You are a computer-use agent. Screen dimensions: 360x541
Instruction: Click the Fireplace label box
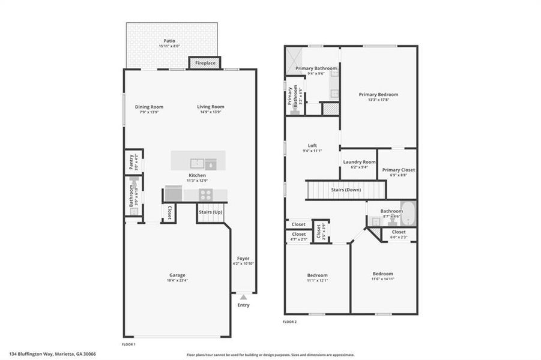tap(205, 62)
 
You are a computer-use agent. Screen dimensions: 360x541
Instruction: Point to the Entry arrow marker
tap(243, 296)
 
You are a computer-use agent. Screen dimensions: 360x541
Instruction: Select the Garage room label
tap(177, 275)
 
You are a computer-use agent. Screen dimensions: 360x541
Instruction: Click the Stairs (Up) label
tap(210, 212)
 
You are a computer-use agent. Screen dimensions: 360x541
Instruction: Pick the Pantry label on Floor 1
tap(131, 161)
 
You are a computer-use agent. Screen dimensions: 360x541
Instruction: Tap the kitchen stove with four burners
tap(205, 194)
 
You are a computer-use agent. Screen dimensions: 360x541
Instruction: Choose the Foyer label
tap(243, 259)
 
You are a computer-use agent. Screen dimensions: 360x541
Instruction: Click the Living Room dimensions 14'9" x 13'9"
tap(211, 112)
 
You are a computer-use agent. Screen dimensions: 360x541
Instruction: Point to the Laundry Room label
tap(358, 162)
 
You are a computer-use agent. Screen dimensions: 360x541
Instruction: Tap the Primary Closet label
tap(399, 170)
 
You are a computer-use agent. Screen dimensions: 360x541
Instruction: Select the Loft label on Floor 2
tap(312, 146)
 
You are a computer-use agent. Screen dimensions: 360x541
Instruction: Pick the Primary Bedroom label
tap(378, 94)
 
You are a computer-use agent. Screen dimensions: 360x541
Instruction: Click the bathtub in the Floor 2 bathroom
tap(409, 213)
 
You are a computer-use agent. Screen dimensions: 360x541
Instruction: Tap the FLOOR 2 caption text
tap(290, 322)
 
